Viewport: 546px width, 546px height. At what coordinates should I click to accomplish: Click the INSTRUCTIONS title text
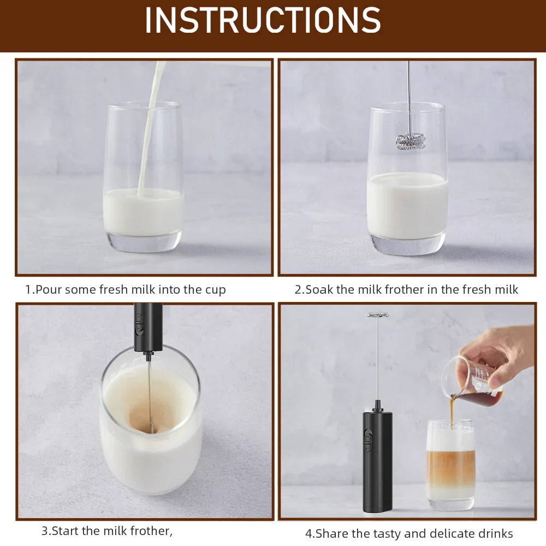pyautogui.click(x=263, y=21)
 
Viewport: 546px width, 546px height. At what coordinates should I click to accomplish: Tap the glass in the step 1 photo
pyautogui.click(x=143, y=180)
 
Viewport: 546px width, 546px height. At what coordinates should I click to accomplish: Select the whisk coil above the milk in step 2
pyautogui.click(x=411, y=141)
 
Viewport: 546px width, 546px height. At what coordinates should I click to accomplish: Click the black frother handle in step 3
pyautogui.click(x=148, y=327)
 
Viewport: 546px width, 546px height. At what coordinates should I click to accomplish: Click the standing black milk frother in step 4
pyautogui.click(x=377, y=459)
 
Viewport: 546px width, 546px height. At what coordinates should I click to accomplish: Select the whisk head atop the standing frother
pyautogui.click(x=377, y=314)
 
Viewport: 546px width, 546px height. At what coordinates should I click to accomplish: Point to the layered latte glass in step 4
pyautogui.click(x=450, y=464)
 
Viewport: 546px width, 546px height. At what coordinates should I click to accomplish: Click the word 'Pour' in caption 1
pyautogui.click(x=48, y=289)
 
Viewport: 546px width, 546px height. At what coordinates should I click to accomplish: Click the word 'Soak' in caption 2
pyautogui.click(x=319, y=289)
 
